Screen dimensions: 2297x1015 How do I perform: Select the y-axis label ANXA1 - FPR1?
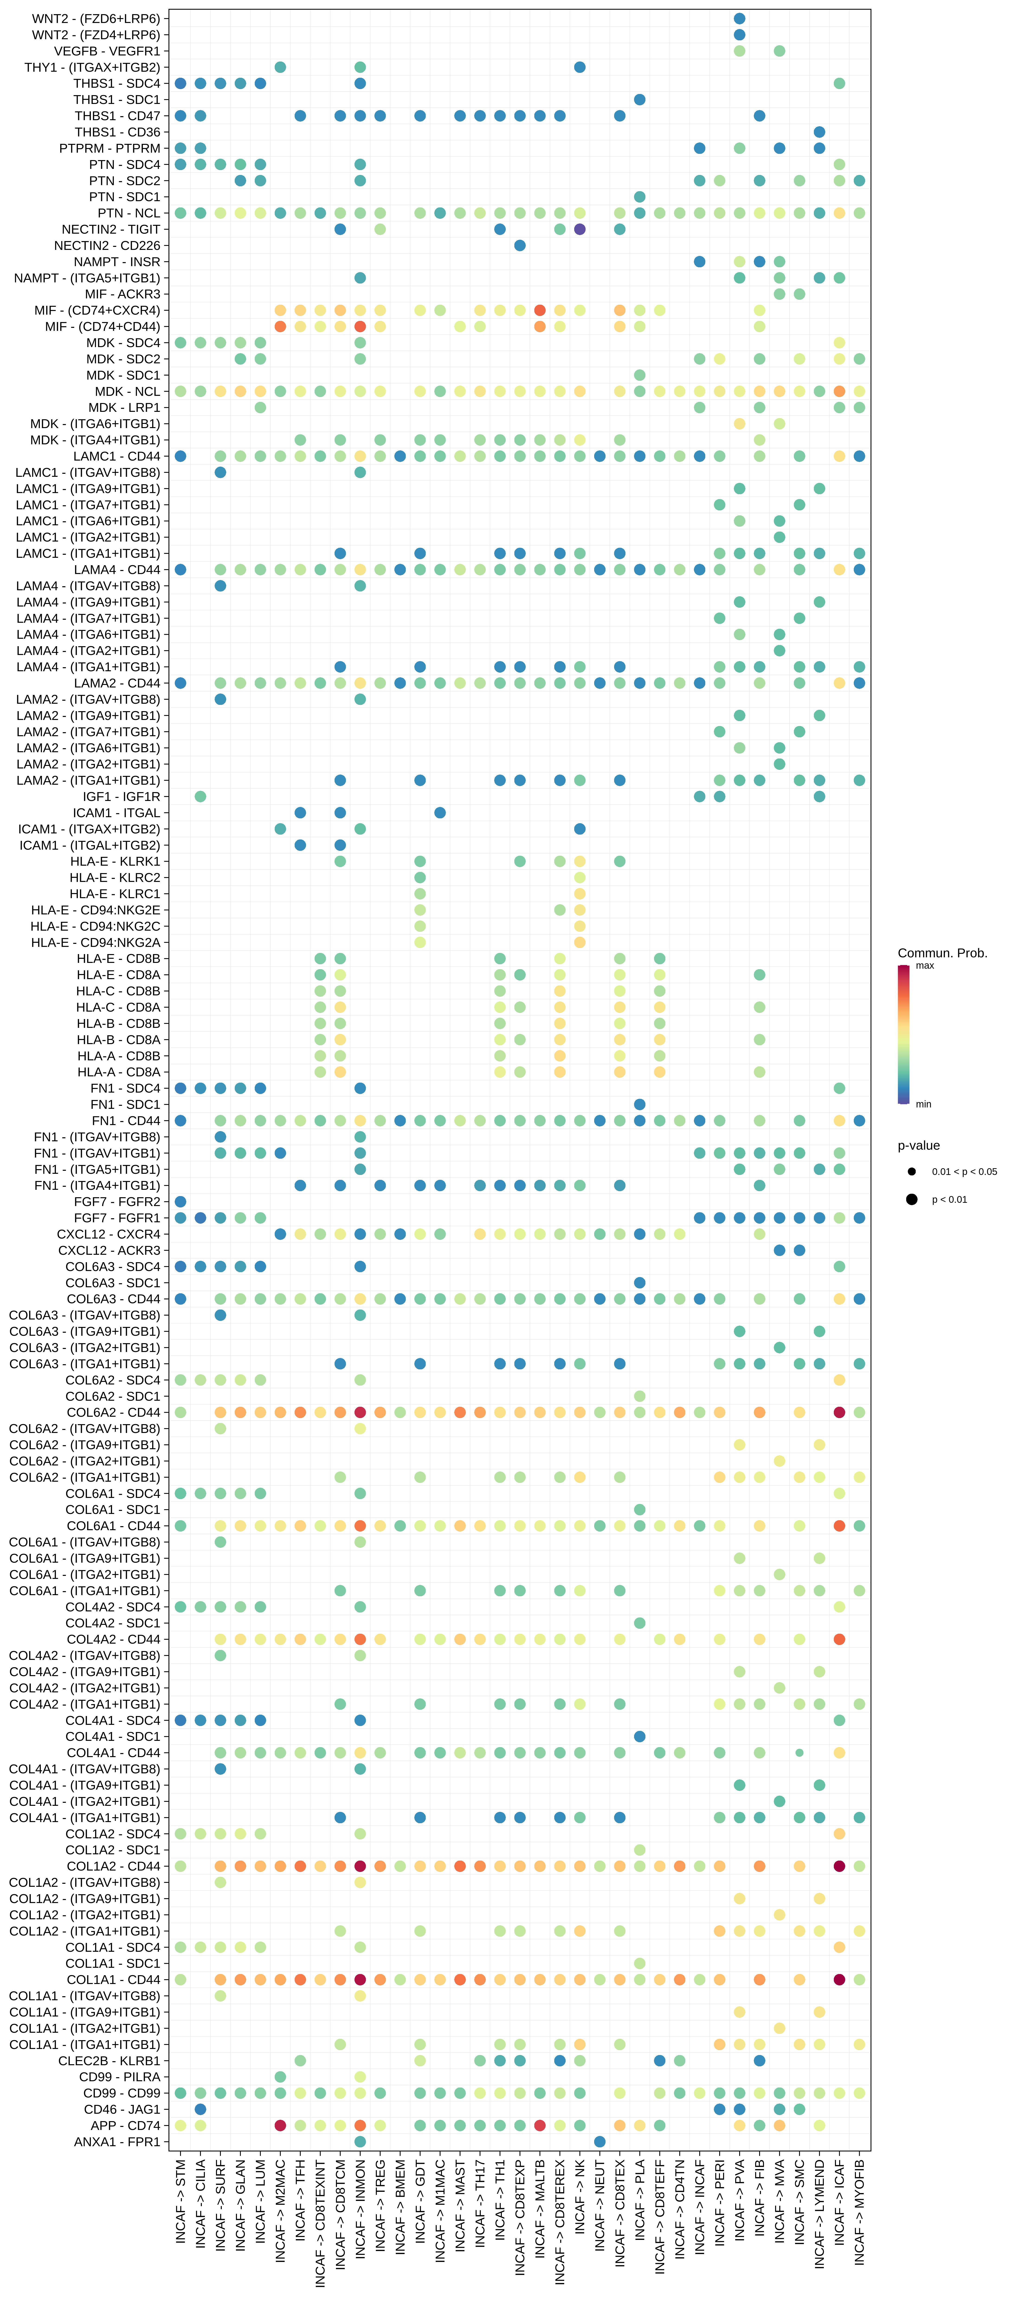pos(117,2141)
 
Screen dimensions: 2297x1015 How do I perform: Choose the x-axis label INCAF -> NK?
pos(580,2198)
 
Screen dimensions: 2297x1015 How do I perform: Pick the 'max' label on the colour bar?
pos(925,966)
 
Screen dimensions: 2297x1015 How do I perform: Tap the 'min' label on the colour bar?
pos(923,1104)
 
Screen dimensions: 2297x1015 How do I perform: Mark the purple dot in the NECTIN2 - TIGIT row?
pos(580,229)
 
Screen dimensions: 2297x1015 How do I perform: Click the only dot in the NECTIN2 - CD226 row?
pos(520,245)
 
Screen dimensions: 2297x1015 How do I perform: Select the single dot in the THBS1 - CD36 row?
pos(820,132)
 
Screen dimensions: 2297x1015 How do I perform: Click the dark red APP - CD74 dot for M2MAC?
pos(280,2125)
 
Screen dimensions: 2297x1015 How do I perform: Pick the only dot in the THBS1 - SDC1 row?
pos(639,100)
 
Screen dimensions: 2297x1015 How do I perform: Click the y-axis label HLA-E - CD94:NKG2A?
pos(95,942)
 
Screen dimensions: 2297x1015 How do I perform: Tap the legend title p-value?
pos(919,1146)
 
